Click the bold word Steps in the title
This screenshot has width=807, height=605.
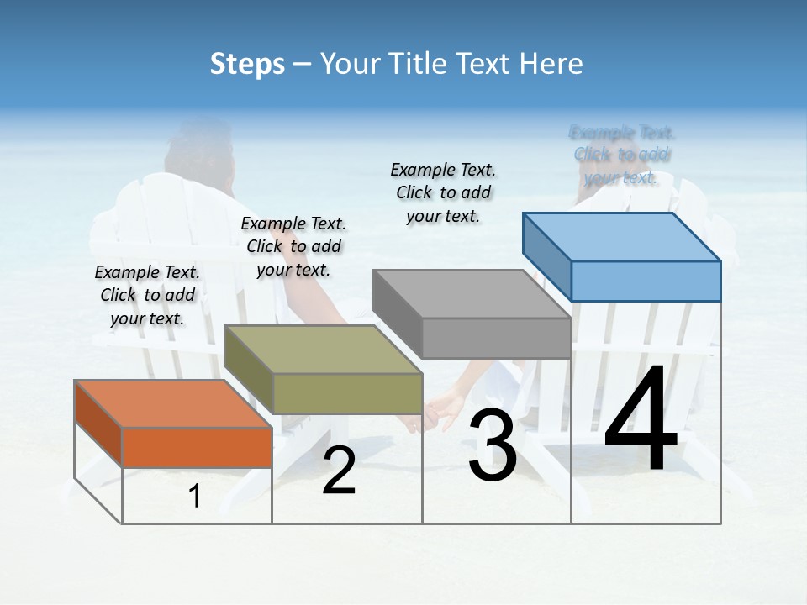[x=247, y=64]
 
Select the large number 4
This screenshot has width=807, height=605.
[x=641, y=422]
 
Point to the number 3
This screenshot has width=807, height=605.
[x=492, y=447]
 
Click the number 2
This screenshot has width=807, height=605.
[x=339, y=471]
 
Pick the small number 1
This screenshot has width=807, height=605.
[x=195, y=497]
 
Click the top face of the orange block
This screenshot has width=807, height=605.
[x=172, y=403]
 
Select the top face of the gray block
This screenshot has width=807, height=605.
[x=471, y=294]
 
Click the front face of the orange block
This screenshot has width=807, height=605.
[x=197, y=447]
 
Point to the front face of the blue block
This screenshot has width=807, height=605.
[x=646, y=281]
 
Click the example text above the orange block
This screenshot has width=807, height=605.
[x=147, y=296]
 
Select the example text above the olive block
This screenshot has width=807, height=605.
[x=293, y=247]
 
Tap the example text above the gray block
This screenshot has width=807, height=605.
[x=443, y=193]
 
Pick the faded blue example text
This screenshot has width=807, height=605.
[x=621, y=155]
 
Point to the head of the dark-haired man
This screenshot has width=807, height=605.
[x=199, y=155]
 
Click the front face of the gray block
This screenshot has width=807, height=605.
[x=496, y=338]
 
